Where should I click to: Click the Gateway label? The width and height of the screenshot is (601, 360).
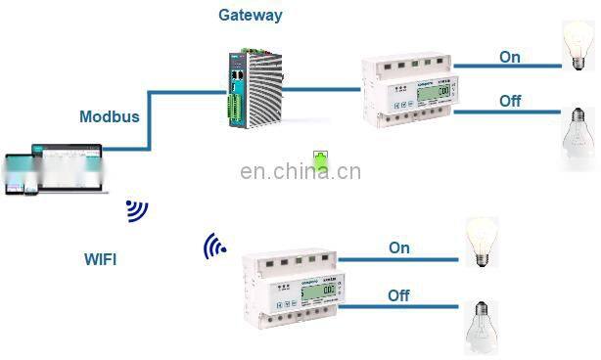(x=251, y=16)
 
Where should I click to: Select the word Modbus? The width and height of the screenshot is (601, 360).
(x=110, y=116)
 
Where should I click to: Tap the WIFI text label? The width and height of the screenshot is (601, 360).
(x=104, y=259)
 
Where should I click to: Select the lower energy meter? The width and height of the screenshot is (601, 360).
(x=290, y=288)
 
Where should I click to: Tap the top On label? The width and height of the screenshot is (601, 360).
(x=510, y=57)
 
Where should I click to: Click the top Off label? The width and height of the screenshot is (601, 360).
(x=510, y=100)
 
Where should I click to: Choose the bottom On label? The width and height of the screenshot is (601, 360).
(x=399, y=247)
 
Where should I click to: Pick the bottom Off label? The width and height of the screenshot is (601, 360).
(x=398, y=295)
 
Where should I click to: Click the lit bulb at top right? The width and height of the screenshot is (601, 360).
(x=577, y=45)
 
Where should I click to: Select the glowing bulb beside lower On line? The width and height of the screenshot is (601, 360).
(x=482, y=241)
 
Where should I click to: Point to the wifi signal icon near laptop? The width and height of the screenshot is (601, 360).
(x=136, y=210)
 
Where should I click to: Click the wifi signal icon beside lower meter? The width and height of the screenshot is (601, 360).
(x=213, y=247)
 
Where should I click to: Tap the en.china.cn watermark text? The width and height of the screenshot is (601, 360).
(x=300, y=173)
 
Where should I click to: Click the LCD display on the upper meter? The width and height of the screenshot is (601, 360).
(x=444, y=93)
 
